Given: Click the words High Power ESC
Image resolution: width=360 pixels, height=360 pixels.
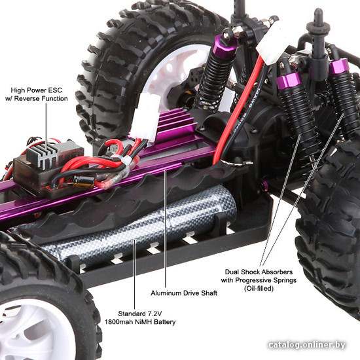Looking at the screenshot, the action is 37,90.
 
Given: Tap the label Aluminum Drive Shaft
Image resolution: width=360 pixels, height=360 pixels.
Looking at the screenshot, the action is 184,293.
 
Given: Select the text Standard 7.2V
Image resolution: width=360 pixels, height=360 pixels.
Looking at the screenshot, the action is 140,314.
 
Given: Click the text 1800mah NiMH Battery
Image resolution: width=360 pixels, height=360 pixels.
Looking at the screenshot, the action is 140,321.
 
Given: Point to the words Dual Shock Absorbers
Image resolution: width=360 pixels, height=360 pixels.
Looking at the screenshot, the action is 259,272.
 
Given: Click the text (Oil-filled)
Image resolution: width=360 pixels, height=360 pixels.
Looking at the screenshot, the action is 259,289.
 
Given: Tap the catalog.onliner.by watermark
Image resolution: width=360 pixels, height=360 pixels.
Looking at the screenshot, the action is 307,345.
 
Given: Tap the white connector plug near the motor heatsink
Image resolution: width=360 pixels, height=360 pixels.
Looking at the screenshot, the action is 146,118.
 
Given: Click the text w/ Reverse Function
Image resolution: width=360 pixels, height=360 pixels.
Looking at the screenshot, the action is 37,98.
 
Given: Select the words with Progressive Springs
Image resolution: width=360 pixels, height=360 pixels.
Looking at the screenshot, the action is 259,280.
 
